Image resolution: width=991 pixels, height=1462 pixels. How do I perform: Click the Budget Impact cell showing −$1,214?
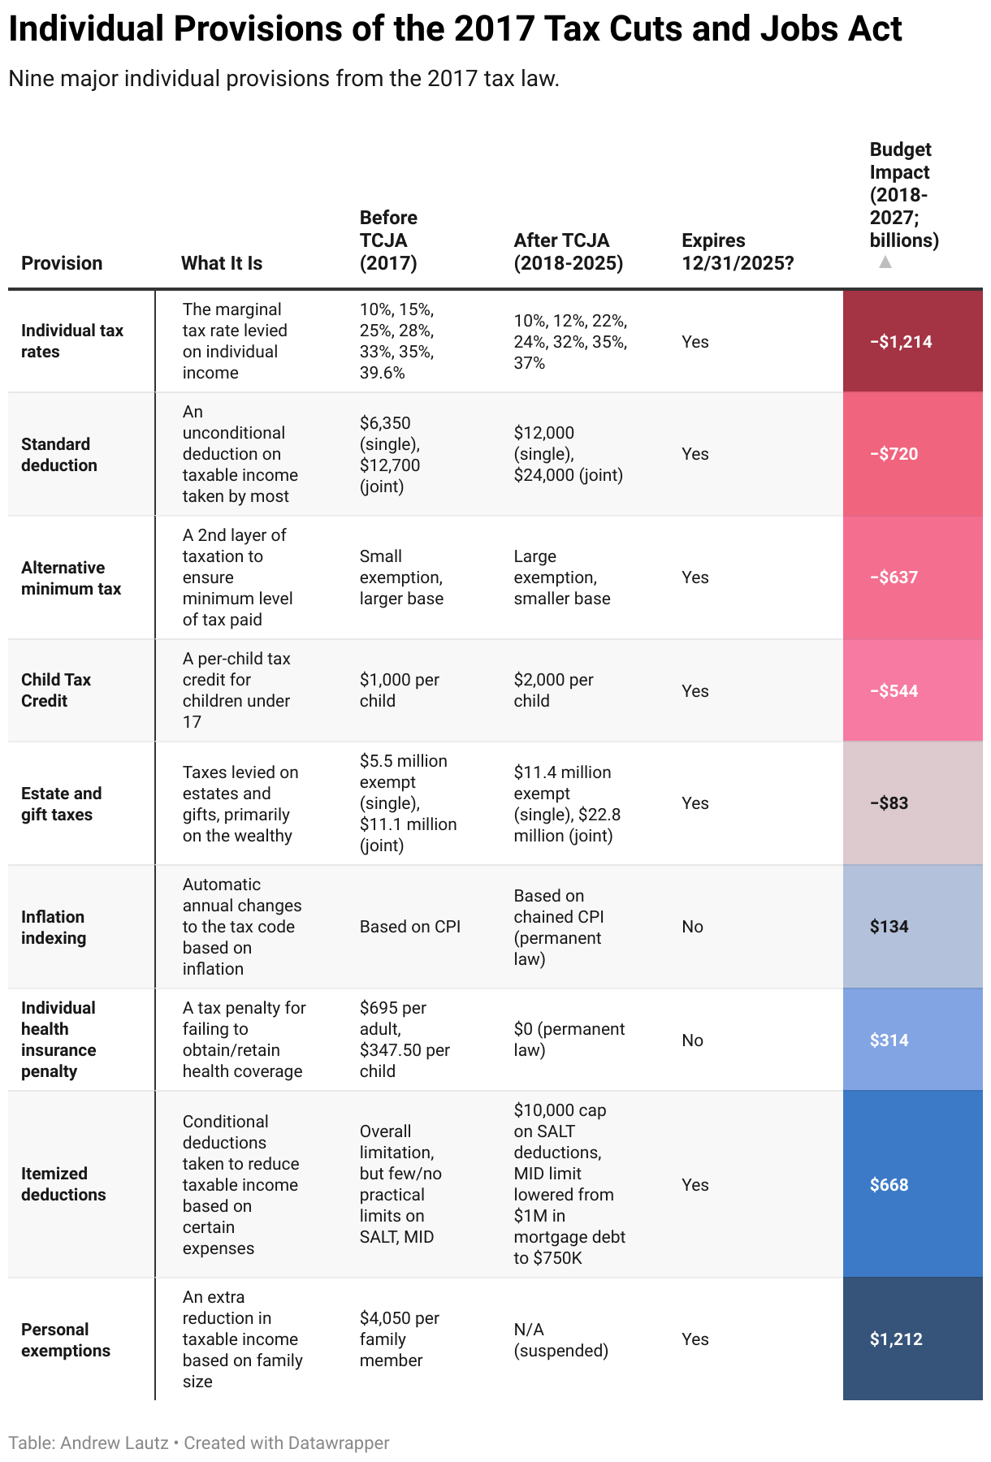click(x=901, y=341)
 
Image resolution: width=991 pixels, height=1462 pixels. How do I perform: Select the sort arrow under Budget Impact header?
click(x=885, y=262)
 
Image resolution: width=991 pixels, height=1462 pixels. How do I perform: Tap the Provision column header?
click(x=62, y=263)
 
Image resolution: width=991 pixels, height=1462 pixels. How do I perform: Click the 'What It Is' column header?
click(x=222, y=263)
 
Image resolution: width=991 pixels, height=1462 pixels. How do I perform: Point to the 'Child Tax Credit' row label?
click(x=56, y=690)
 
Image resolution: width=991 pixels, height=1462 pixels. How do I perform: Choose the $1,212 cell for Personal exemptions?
click(x=896, y=1339)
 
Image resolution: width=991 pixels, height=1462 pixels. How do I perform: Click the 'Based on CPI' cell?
click(x=410, y=927)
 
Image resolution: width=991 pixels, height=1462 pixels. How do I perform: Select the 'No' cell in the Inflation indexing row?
click(x=692, y=927)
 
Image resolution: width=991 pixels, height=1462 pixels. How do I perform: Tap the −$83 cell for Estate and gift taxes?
click(x=889, y=803)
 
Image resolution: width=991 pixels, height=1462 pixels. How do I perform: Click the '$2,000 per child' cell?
click(x=553, y=690)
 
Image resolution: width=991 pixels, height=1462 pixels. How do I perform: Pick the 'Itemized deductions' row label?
click(x=63, y=1184)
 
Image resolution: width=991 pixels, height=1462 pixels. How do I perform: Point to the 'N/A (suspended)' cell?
click(x=560, y=1340)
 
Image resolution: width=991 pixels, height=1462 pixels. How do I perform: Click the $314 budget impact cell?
click(x=889, y=1040)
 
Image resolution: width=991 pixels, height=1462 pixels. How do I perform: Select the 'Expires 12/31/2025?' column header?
click(x=737, y=252)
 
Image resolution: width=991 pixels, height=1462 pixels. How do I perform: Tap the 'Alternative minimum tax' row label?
click(x=71, y=578)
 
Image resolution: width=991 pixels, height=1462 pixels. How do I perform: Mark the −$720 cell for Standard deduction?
click(x=894, y=454)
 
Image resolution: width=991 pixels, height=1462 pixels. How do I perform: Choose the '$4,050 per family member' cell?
click(x=399, y=1339)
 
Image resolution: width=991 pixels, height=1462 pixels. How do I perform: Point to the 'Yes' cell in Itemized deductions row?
click(x=695, y=1185)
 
